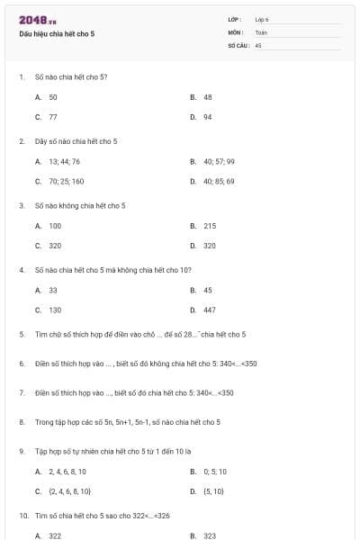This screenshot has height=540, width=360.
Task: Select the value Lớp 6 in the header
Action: (x=262, y=19)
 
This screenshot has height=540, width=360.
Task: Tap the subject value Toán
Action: (x=261, y=31)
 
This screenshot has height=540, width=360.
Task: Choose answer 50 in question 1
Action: (x=53, y=96)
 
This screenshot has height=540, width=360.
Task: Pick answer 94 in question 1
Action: (x=208, y=117)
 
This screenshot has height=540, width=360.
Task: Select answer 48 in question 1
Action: (x=208, y=96)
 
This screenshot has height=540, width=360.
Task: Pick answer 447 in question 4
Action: (x=210, y=310)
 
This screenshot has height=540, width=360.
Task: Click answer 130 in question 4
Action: (x=55, y=310)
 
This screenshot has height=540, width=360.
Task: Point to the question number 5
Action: (x=21, y=334)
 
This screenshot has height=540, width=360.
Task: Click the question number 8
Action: (x=21, y=421)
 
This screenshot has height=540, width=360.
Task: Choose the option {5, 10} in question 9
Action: (x=213, y=491)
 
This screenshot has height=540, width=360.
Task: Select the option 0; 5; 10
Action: (x=215, y=471)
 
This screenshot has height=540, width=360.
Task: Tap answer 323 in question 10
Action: (x=210, y=535)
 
